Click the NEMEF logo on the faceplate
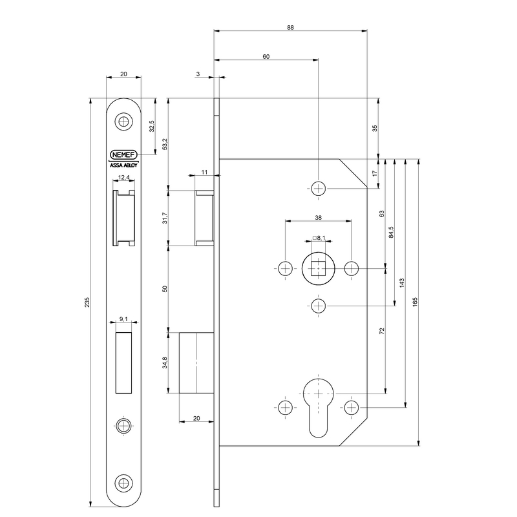coord(123,154)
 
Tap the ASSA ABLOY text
coord(123,165)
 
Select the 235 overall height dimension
coord(87,302)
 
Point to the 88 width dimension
coord(290,27)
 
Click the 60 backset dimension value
coord(266,56)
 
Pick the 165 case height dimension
coord(415,302)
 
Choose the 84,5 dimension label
coord(391,233)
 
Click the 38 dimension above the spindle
coord(318,217)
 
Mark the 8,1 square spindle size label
coord(319,238)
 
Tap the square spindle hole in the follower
coord(318,268)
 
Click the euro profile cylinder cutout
coord(318,408)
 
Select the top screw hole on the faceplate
coord(123,121)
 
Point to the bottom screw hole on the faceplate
coord(123,483)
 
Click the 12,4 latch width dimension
coord(123,177)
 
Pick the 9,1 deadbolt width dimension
coord(123,319)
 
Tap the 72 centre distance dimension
coord(382,331)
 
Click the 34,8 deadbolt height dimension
coord(165,363)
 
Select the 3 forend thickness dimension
coord(198,74)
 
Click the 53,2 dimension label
coord(165,144)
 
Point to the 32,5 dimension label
coord(152,126)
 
